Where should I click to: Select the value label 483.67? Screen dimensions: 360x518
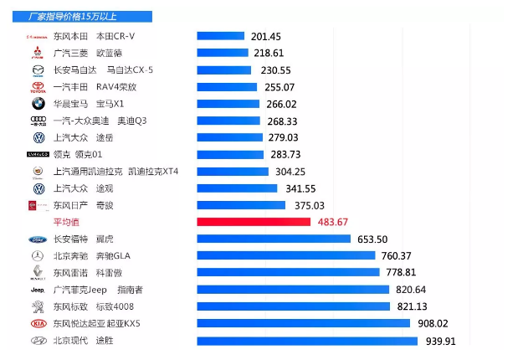[338, 222]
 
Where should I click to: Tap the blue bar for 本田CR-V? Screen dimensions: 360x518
[220, 36]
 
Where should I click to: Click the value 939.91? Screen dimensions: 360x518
[441, 341]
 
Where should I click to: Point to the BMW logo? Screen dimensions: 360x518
[38, 104]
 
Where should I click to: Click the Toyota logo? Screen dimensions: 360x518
[38, 87]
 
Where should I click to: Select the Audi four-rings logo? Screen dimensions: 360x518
[38, 121]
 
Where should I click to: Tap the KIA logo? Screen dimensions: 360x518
[38, 323]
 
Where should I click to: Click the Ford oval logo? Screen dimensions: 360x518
[38, 239]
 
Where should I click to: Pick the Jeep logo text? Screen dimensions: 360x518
[38, 290]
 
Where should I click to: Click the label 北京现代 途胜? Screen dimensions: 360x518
[83, 341]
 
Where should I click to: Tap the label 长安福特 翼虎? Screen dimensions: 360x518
[82, 239]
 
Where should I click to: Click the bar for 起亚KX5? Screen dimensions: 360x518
[303, 323]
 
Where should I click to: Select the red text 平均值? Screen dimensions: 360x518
[65, 222]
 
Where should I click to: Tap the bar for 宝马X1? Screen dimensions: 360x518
[227, 104]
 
